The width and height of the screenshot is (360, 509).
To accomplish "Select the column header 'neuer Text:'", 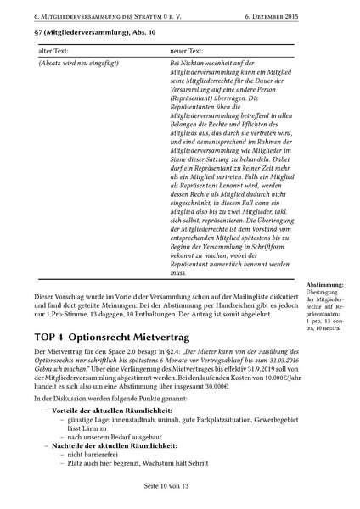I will click(x=190, y=52).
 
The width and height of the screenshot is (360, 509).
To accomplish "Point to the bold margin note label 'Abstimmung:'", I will click(x=325, y=285).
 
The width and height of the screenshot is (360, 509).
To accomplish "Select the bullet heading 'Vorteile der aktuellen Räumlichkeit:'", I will click(x=107, y=410).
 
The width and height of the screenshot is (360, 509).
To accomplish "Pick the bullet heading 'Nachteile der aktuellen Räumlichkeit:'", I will click(x=110, y=445).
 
